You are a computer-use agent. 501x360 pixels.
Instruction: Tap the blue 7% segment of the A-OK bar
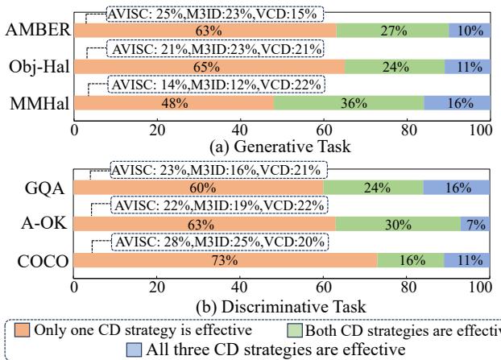[472, 224]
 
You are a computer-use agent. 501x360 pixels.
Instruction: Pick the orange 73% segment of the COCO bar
[226, 260]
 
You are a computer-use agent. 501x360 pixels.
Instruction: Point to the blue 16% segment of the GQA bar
[455, 188]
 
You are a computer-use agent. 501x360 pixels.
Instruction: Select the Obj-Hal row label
[36, 68]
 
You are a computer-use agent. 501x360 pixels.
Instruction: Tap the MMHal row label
[35, 103]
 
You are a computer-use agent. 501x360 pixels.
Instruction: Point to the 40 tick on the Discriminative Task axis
[239, 286]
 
